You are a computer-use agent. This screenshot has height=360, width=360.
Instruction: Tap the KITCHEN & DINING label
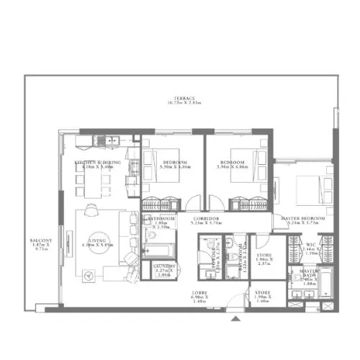[98, 163]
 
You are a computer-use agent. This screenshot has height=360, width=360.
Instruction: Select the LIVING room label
[98, 242]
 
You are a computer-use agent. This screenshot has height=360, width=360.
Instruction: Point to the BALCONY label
[40, 240]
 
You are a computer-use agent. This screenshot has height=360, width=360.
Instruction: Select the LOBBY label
[199, 292]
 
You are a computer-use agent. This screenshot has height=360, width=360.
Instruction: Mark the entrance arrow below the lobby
[235, 318]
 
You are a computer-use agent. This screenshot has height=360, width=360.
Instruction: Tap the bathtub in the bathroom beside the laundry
[157, 250]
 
